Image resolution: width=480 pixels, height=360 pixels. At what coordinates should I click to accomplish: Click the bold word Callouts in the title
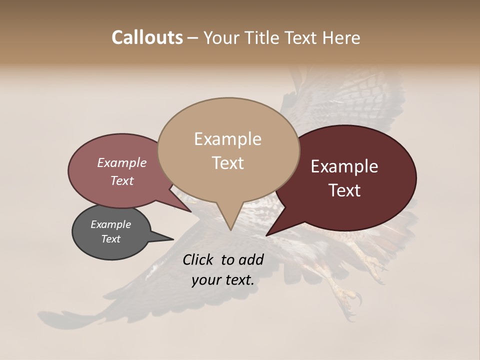point(147,37)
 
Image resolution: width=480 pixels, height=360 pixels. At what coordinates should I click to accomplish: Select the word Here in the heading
point(340,38)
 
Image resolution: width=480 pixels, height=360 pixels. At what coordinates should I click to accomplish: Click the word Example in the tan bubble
point(227,139)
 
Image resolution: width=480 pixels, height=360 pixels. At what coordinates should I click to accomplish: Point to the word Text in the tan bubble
point(228,163)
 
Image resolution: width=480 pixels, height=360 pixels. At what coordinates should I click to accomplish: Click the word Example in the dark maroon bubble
point(344,166)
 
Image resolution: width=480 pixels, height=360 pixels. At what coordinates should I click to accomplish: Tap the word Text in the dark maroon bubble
point(345,190)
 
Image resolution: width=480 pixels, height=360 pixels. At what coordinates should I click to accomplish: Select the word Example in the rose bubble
point(122,163)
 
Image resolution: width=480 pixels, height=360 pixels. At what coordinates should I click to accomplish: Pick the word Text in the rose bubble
point(122,180)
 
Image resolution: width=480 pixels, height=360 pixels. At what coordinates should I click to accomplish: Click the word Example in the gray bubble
point(110,224)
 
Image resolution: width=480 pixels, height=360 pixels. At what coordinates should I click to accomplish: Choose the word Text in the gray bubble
point(110,239)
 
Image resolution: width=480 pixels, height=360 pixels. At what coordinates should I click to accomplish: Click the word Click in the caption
point(199,259)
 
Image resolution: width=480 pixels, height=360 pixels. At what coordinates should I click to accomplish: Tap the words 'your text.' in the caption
point(223,280)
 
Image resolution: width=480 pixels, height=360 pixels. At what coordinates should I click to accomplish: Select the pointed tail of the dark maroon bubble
point(268,234)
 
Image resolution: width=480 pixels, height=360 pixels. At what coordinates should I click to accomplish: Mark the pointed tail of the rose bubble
point(190,210)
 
